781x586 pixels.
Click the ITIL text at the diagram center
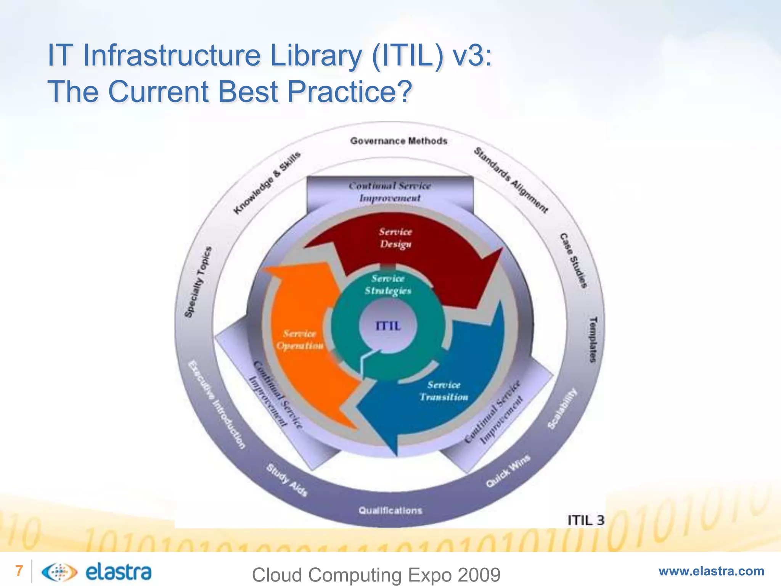point(388,326)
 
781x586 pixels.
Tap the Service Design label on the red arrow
point(395,238)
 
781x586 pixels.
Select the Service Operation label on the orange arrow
point(300,340)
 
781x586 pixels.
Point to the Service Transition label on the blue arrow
point(444,391)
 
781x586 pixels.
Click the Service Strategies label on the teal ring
point(388,285)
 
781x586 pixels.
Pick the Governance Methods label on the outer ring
point(399,141)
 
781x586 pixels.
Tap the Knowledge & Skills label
point(267,183)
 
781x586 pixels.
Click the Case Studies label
point(573,260)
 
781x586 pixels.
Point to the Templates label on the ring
point(593,339)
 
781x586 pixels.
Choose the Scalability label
point(562,408)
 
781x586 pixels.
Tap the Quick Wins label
point(508,471)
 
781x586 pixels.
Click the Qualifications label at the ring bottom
point(390,510)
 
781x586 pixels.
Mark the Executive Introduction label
point(217,404)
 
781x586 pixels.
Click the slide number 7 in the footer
point(19,571)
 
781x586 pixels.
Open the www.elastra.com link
point(711,571)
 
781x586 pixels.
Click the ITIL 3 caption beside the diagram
point(586,520)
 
